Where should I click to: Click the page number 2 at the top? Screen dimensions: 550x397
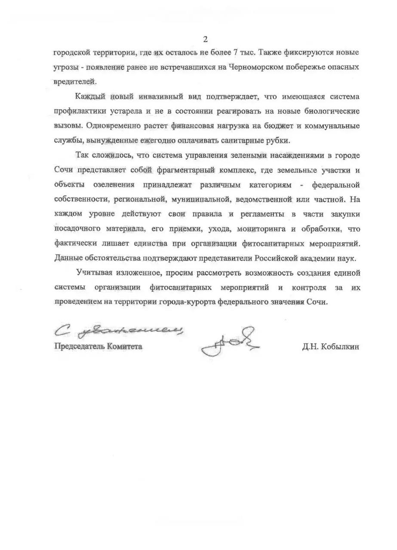click(x=205, y=40)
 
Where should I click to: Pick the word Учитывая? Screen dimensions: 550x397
click(x=91, y=272)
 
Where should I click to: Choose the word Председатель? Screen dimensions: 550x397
click(x=80, y=347)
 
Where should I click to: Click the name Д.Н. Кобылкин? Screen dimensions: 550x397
click(x=330, y=347)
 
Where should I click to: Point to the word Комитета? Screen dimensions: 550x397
click(x=125, y=347)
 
